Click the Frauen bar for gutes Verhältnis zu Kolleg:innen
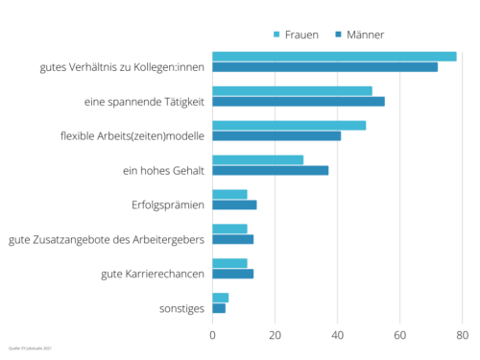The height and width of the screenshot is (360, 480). tap(334, 57)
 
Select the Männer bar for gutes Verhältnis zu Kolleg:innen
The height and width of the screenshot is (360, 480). tap(324, 67)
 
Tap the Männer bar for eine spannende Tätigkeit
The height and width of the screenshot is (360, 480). tap(298, 101)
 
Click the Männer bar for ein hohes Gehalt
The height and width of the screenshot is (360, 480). tap(270, 170)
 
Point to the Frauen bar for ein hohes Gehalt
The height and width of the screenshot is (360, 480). tap(257, 159)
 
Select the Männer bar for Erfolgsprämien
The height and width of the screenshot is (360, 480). tap(234, 204)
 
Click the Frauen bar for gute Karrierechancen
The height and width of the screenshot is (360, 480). tap(229, 263)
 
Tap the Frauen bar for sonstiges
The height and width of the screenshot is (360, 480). tap(220, 298)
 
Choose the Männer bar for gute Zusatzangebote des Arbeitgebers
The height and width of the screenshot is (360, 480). tap(232, 239)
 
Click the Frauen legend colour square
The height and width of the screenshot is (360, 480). tap(277, 35)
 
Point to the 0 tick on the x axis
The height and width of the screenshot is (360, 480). tap(212, 335)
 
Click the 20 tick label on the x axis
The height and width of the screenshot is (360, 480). tap(275, 335)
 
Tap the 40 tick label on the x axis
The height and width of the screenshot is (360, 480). tap(337, 335)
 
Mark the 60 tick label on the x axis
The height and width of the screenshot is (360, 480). tap(399, 335)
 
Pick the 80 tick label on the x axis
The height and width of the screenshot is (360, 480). tap(462, 335)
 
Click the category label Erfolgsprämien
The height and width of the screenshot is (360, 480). tap(167, 204)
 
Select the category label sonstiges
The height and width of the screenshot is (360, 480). tap(181, 308)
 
